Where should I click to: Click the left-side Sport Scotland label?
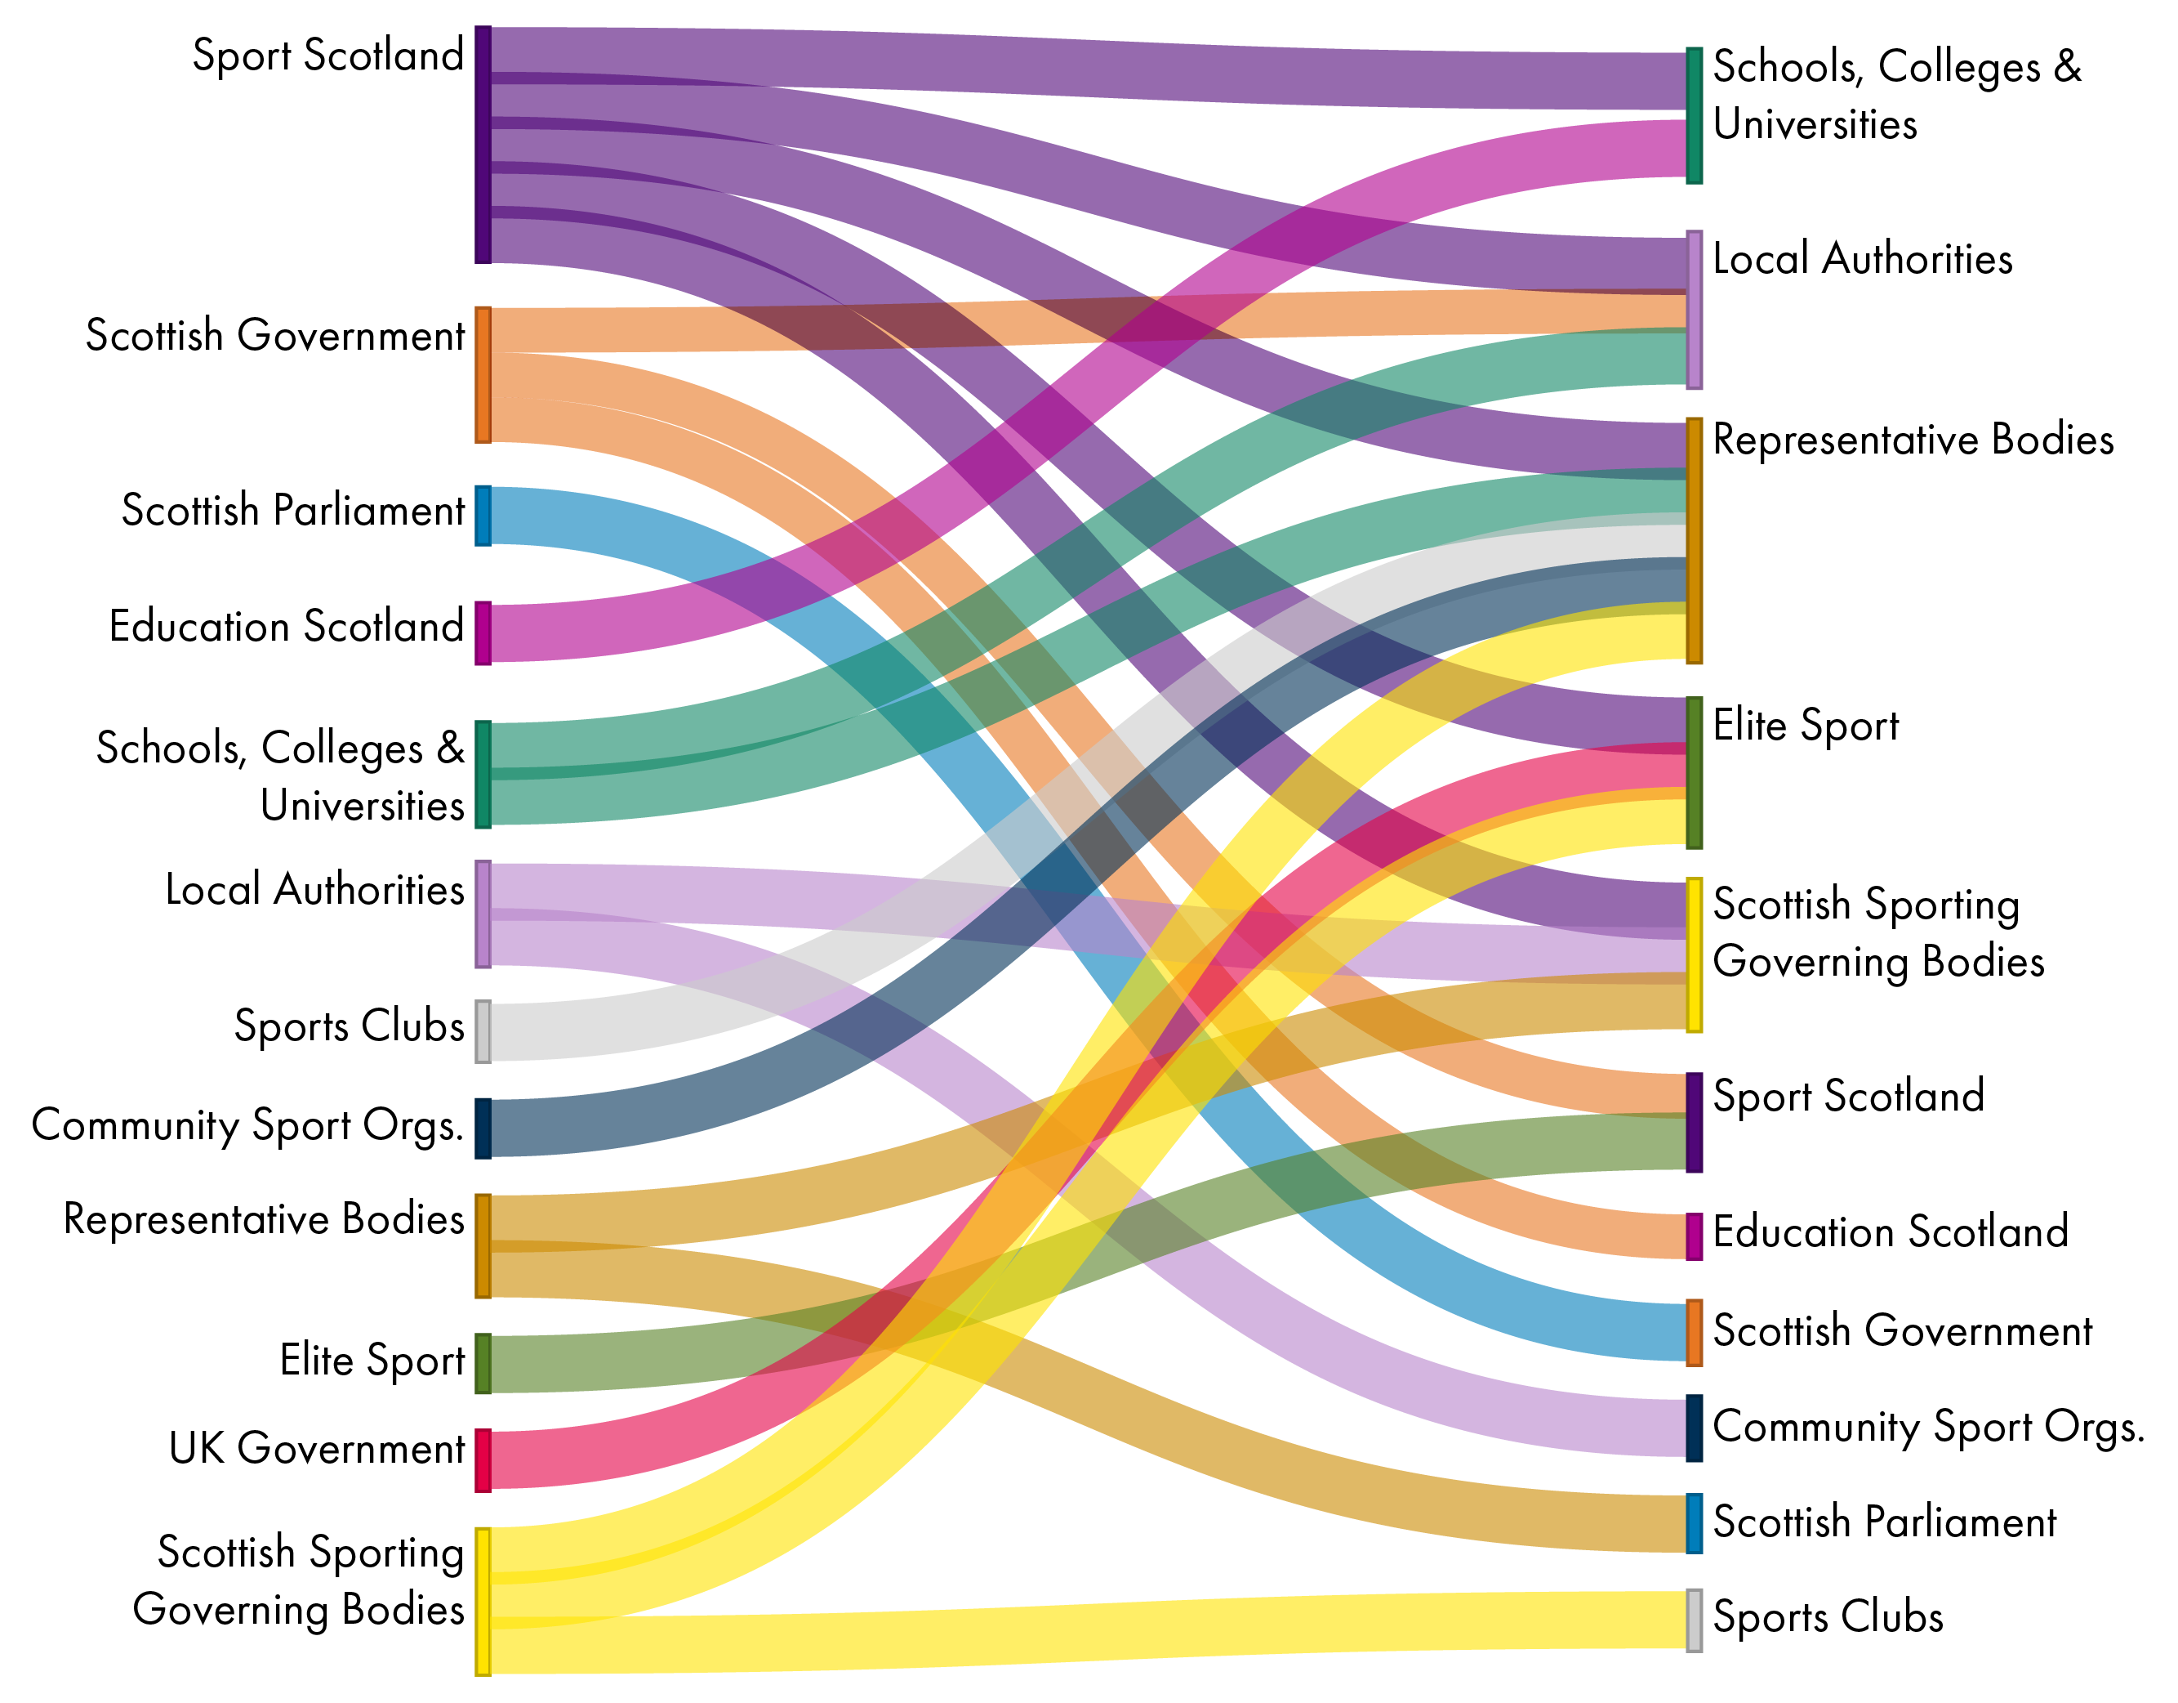pyautogui.click(x=327, y=55)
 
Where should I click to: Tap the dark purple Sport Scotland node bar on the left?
pyautogui.click(x=483, y=145)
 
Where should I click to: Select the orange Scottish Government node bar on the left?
pyautogui.click(x=483, y=374)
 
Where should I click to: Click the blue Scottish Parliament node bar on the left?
pyautogui.click(x=483, y=516)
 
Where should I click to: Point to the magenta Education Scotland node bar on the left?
pyautogui.click(x=483, y=632)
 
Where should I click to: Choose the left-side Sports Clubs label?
pyautogui.click(x=349, y=1026)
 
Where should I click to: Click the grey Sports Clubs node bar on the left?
pyautogui.click(x=483, y=1031)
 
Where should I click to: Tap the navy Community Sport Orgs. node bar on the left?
pyautogui.click(x=483, y=1129)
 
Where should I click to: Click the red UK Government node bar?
pyautogui.click(x=483, y=1460)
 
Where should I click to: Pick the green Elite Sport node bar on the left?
pyautogui.click(x=483, y=1363)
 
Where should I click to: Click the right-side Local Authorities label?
pyautogui.click(x=1862, y=259)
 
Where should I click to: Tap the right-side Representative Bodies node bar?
pyautogui.click(x=1694, y=541)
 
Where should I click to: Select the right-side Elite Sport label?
pyautogui.click(x=1805, y=726)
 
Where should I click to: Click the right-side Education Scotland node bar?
pyautogui.click(x=1694, y=1237)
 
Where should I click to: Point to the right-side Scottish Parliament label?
pyautogui.click(x=1884, y=1522)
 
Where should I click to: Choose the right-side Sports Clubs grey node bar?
pyautogui.click(x=1694, y=1620)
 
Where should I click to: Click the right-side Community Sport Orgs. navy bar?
pyautogui.click(x=1694, y=1428)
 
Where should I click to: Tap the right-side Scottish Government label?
pyautogui.click(x=1902, y=1331)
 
